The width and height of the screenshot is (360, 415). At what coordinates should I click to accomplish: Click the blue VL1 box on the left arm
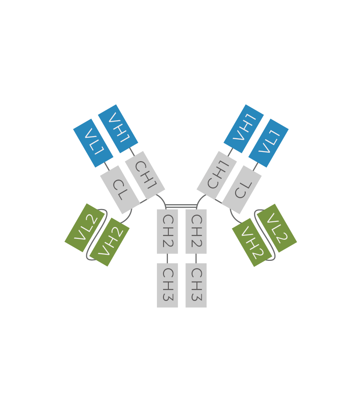(93, 143)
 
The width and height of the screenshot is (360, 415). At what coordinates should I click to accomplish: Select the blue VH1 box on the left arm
(118, 129)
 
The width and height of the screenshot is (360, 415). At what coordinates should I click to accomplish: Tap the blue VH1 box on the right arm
(244, 129)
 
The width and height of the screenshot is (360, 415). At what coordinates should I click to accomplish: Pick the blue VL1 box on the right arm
(268, 143)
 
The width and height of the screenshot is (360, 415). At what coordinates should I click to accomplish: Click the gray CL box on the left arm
(120, 190)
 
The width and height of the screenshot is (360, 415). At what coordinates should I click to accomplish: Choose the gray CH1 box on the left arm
(145, 175)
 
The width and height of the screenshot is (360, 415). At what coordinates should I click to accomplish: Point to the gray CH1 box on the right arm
(217, 175)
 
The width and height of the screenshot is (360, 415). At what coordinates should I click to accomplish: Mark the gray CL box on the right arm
(242, 190)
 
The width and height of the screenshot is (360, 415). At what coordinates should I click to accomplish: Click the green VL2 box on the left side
(85, 228)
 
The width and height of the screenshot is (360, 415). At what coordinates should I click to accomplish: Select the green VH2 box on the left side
(109, 242)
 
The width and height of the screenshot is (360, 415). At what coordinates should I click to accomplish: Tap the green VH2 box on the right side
(252, 242)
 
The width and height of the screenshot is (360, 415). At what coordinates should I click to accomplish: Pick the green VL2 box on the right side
(277, 228)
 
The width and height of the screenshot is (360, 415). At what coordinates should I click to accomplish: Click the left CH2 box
(167, 231)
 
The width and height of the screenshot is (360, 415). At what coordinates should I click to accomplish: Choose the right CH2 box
(196, 231)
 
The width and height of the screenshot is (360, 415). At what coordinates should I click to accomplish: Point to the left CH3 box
(167, 285)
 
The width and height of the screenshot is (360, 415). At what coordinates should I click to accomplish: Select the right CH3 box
(196, 285)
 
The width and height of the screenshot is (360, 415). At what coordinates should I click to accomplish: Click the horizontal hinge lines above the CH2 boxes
(182, 206)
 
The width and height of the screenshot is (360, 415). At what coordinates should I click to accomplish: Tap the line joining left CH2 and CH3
(167, 259)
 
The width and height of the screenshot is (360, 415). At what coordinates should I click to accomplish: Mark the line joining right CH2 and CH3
(196, 259)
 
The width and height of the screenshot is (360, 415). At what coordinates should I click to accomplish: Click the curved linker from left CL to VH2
(129, 217)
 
